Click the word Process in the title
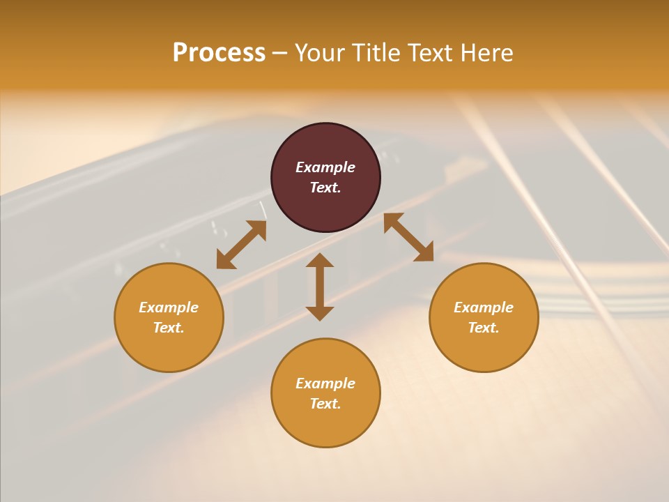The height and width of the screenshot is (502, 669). (219, 53)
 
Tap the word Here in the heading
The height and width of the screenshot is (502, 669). (483, 53)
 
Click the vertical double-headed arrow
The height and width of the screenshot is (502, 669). (320, 287)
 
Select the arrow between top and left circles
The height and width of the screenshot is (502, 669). (241, 245)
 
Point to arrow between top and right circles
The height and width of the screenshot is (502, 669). (408, 237)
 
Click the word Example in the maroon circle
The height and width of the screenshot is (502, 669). (325, 167)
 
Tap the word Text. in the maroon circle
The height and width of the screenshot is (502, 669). (325, 188)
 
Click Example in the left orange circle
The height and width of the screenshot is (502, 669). (169, 307)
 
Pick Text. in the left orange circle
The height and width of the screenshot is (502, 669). (169, 328)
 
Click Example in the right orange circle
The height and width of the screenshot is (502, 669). (484, 307)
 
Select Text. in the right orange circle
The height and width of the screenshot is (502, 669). (484, 328)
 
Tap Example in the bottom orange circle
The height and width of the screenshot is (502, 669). (325, 383)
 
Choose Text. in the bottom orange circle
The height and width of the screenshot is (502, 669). (325, 404)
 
